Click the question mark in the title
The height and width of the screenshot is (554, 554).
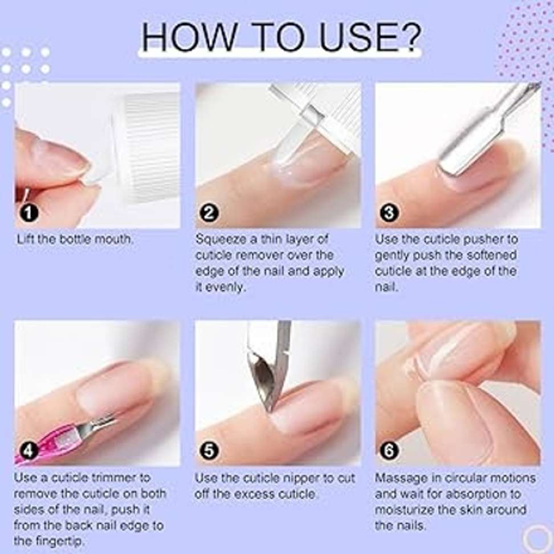[409, 37]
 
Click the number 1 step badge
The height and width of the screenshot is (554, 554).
[29, 213]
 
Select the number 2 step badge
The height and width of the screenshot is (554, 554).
[209, 213]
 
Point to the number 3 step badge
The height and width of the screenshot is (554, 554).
[389, 213]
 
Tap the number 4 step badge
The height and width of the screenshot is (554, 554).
[29, 451]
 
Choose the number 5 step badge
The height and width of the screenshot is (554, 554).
[209, 451]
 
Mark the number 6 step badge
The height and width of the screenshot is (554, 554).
[389, 451]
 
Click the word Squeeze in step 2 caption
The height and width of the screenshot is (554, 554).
[221, 239]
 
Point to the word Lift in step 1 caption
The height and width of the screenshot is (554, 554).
[26, 239]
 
